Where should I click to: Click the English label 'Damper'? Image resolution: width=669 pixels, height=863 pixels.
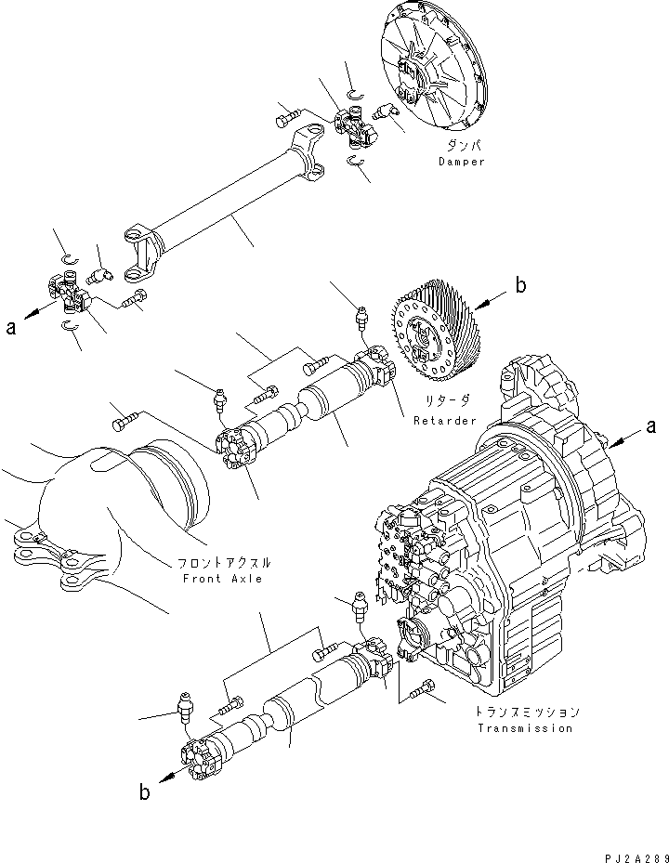pyautogui.click(x=462, y=162)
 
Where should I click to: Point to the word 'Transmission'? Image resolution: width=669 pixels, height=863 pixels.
pyautogui.click(x=525, y=728)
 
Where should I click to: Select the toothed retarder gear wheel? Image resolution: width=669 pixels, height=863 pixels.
pyautogui.click(x=432, y=334)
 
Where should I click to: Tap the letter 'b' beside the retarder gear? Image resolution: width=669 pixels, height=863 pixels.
pyautogui.click(x=520, y=286)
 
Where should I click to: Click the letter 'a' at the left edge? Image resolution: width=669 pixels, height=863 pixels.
pyautogui.click(x=10, y=327)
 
